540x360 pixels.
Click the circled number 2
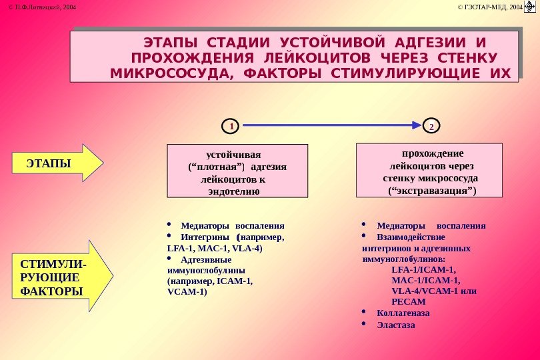pyautogui.click(x=431, y=125)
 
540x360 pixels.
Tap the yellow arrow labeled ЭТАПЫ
pyautogui.click(x=58, y=162)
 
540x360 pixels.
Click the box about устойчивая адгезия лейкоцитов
pyautogui.click(x=237, y=171)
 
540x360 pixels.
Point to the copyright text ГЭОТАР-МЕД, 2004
pyautogui.click(x=491, y=7)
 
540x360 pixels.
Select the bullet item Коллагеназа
pyautogui.click(x=403, y=313)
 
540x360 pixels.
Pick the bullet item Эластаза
pyautogui.click(x=395, y=325)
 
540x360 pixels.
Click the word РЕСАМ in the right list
pyautogui.click(x=409, y=302)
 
